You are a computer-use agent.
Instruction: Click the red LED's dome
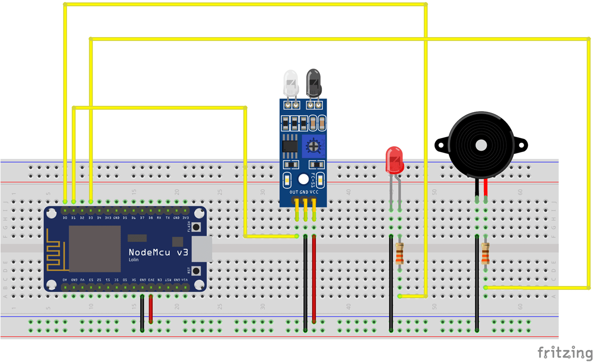pyautogui.click(x=394, y=159)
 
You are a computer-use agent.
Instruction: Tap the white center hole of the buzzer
pyautogui.click(x=481, y=145)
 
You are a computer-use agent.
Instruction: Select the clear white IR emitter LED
pyautogui.click(x=291, y=83)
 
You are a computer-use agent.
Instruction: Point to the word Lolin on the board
pyautogui.click(x=134, y=260)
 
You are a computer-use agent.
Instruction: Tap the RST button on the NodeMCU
pyautogui.click(x=196, y=271)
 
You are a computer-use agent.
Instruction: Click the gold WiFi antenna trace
pyautogui.click(x=56, y=249)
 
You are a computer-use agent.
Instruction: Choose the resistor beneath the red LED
pyautogui.click(x=399, y=253)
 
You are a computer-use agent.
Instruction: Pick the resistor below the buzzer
pyautogui.click(x=485, y=253)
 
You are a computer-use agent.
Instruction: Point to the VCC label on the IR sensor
pyautogui.click(x=314, y=192)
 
